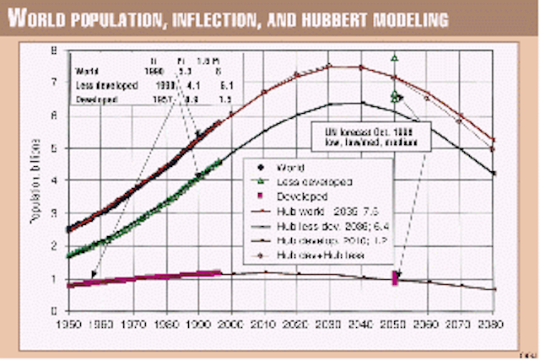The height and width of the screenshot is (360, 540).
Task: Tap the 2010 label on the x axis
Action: click(x=264, y=324)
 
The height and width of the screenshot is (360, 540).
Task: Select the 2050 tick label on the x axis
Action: click(x=396, y=324)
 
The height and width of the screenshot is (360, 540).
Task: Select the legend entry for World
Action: click(x=288, y=169)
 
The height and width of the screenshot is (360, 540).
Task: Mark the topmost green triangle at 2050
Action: click(x=395, y=58)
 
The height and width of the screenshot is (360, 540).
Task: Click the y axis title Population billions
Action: click(x=35, y=181)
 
